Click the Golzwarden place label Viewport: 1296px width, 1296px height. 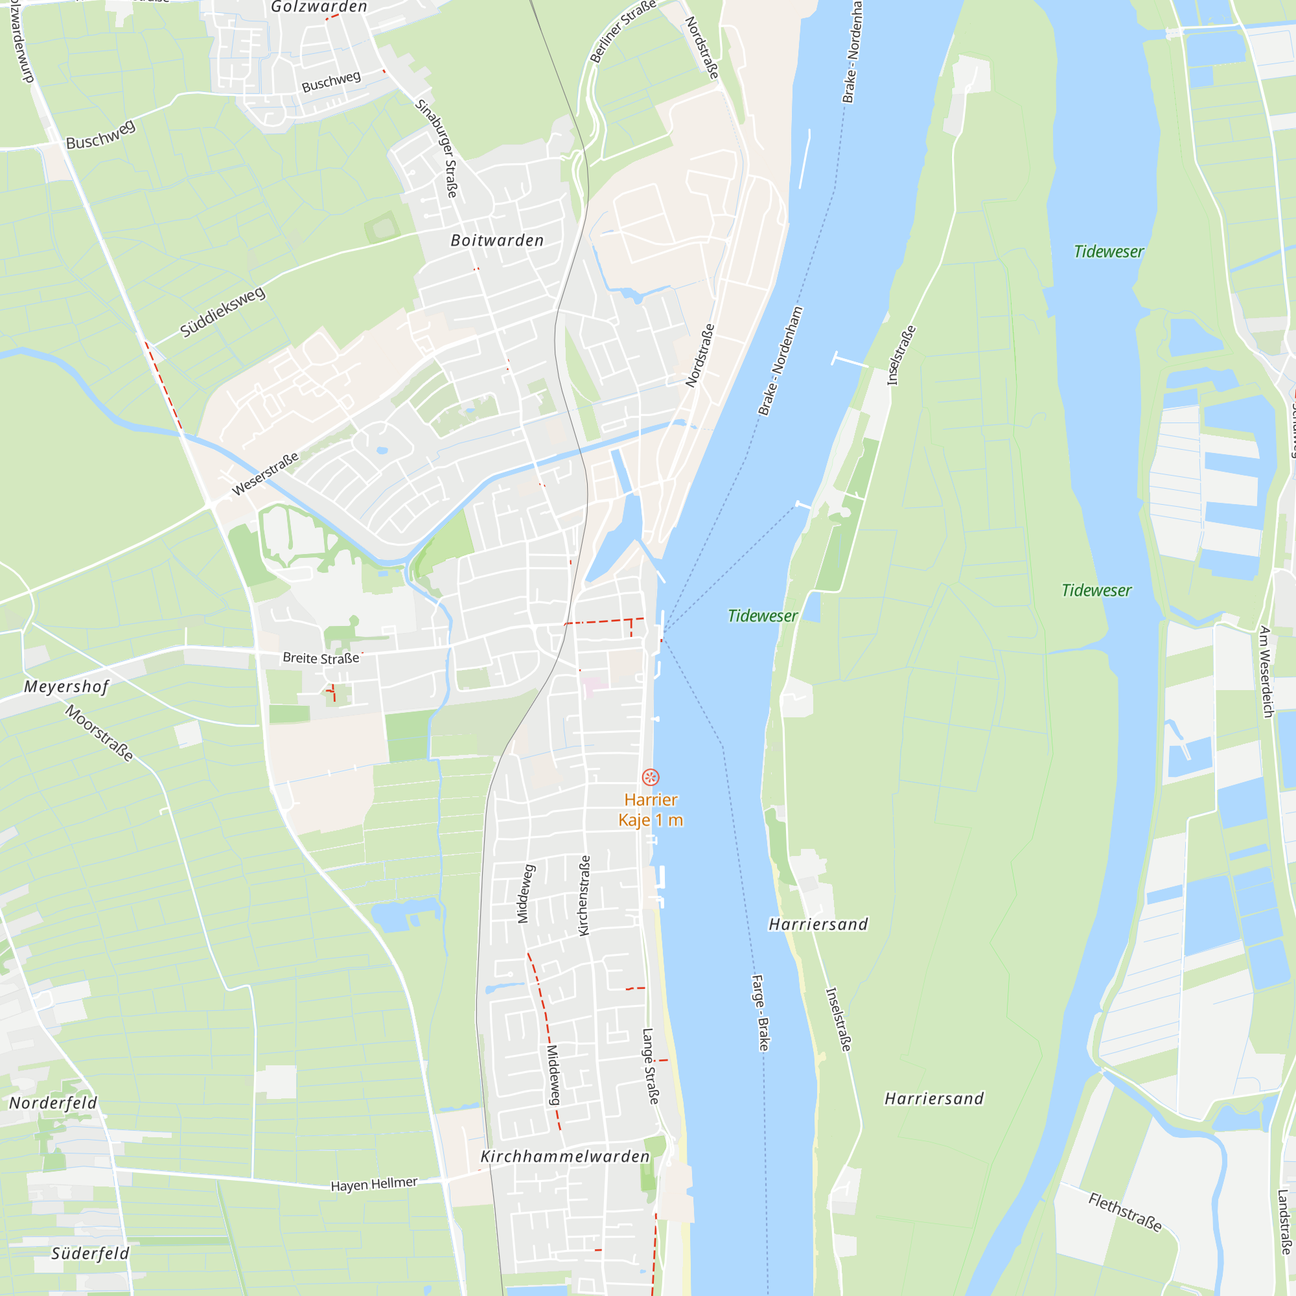coord(319,7)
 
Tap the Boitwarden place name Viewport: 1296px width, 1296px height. coord(497,240)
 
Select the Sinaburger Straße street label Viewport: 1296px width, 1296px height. coord(437,148)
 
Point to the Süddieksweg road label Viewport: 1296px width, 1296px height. coord(223,312)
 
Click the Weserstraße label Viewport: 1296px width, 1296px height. coord(265,474)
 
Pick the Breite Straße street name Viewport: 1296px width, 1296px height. coord(321,658)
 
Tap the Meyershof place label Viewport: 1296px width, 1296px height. coord(65,686)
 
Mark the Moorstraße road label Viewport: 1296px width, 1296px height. coord(99,733)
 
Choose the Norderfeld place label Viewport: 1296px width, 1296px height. coord(53,1103)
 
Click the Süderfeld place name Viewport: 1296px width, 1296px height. coord(90,1253)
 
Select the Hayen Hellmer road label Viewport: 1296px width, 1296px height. coord(374,1184)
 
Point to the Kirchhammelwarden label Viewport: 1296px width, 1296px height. coord(565,1156)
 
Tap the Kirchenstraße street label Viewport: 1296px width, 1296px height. coord(584,896)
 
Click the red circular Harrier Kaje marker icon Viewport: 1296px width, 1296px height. coord(650,778)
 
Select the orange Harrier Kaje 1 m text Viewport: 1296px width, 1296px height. coord(650,809)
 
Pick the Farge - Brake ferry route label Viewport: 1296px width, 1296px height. coord(761,1012)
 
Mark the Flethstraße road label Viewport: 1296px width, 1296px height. coord(1125,1212)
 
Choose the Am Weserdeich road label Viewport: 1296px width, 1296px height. coord(1266,671)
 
